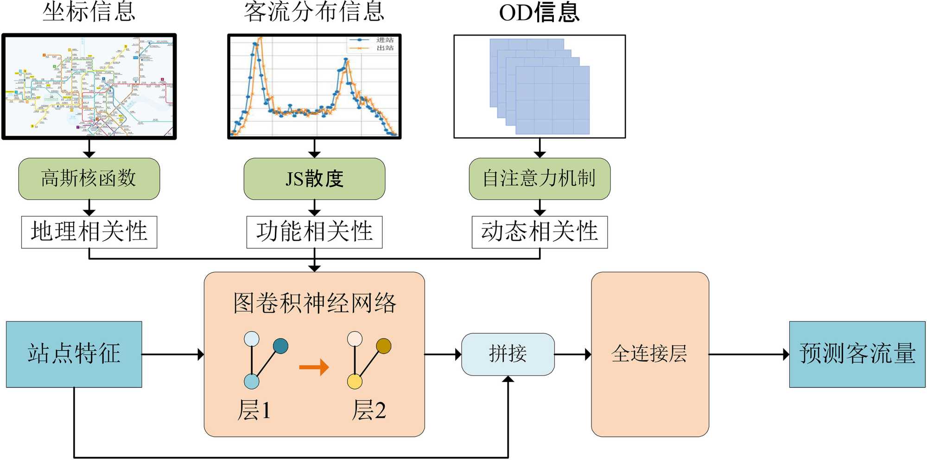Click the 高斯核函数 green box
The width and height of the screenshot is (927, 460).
pyautogui.click(x=89, y=179)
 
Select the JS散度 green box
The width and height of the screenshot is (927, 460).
pyautogui.click(x=314, y=179)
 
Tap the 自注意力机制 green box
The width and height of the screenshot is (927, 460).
pyautogui.click(x=540, y=179)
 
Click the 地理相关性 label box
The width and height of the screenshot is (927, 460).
pyautogui.click(x=89, y=232)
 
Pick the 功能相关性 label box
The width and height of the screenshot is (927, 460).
pyautogui.click(x=314, y=232)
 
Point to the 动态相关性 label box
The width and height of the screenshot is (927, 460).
pyautogui.click(x=540, y=232)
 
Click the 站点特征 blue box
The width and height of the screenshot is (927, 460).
pyautogui.click(x=74, y=354)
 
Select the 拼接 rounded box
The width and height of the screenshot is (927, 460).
pyautogui.click(x=508, y=354)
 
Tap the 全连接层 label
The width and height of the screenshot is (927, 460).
pyautogui.click(x=649, y=354)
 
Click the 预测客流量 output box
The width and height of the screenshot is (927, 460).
pyautogui.click(x=857, y=354)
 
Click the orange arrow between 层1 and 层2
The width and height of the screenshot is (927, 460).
pyautogui.click(x=314, y=367)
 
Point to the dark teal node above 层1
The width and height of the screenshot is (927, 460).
pyautogui.click(x=280, y=346)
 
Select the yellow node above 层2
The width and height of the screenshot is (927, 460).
pyautogui.click(x=355, y=382)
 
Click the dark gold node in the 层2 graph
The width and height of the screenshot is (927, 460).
pyautogui.click(x=384, y=346)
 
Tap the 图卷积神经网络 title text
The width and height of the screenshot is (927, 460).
pyautogui.click(x=314, y=303)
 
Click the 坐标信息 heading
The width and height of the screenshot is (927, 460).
pyautogui.click(x=89, y=12)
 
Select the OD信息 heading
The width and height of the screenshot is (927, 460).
pyautogui.click(x=540, y=13)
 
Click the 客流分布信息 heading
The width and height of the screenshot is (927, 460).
pyautogui.click(x=314, y=12)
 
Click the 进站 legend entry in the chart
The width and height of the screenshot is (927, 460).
pyautogui.click(x=373, y=40)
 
